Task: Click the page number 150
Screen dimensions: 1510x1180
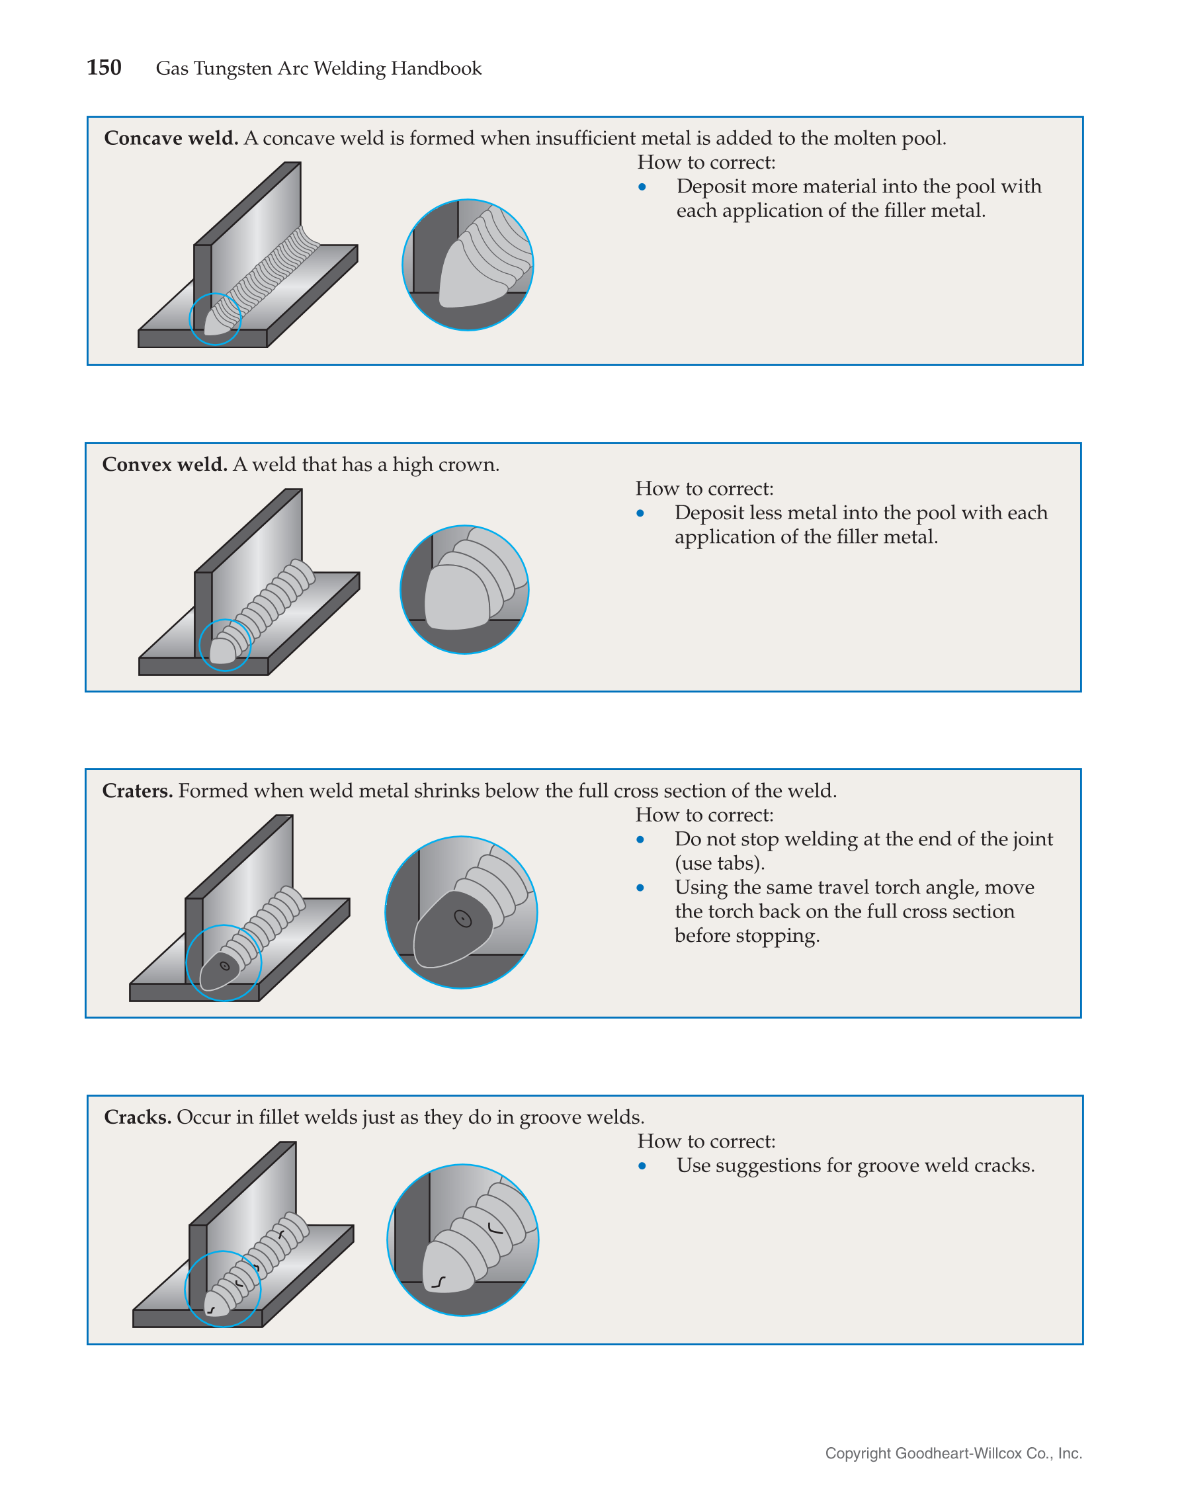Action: tap(104, 67)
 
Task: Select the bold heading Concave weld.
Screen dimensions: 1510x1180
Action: tap(171, 138)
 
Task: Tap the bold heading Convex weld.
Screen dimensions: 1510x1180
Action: tap(165, 464)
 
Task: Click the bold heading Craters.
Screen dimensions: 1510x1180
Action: tap(137, 791)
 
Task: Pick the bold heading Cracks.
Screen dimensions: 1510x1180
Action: tap(137, 1117)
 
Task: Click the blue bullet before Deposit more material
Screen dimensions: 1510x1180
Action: tap(642, 187)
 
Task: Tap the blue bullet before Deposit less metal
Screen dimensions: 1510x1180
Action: tap(640, 513)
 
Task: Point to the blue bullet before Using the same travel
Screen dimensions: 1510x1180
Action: tap(640, 888)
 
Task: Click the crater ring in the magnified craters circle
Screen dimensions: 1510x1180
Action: tap(462, 919)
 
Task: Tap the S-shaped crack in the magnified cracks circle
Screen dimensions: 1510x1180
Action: tap(439, 1282)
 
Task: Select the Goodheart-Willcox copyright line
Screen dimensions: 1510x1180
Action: tap(953, 1453)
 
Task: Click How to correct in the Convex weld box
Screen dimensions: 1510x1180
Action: tap(704, 489)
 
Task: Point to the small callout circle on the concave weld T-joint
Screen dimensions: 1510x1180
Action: tap(215, 319)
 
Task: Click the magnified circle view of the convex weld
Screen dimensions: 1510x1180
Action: tap(464, 590)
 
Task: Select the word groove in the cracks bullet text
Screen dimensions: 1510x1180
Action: tap(888, 1165)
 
